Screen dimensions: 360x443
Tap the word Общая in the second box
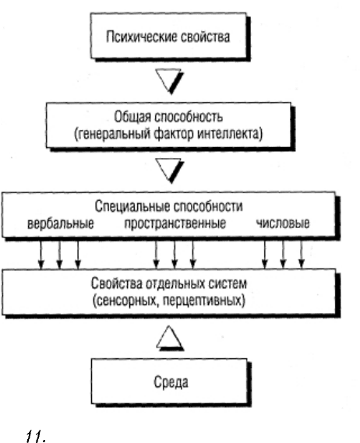click(132, 118)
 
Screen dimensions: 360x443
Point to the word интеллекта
click(230, 134)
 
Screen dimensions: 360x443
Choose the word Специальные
click(132, 207)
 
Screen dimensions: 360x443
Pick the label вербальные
click(61, 223)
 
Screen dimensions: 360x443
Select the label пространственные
click(175, 223)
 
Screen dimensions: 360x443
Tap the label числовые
click(283, 223)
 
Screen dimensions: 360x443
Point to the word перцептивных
click(203, 301)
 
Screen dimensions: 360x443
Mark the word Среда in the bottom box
click(171, 382)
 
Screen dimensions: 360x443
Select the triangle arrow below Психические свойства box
click(169, 81)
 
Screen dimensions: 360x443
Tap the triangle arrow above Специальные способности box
click(170, 171)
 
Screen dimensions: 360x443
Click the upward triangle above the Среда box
click(170, 338)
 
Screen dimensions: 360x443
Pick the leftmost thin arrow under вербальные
click(41, 254)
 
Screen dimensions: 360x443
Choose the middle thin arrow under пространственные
click(175, 254)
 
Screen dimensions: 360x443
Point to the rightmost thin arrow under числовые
click(302, 254)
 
